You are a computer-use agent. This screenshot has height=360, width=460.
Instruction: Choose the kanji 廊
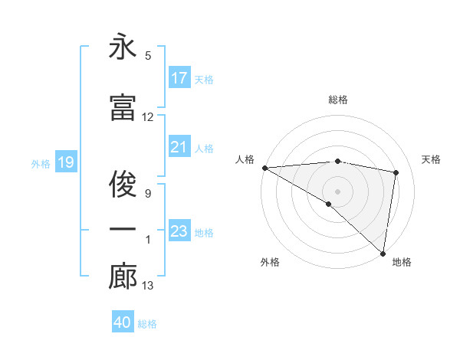tap(123, 277)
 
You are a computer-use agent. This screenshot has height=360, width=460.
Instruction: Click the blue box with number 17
tap(179, 77)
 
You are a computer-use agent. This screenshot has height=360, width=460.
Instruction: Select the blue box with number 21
tap(179, 147)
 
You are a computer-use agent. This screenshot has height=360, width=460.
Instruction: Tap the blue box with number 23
tap(179, 231)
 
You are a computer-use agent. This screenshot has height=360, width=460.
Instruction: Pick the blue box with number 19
tap(65, 162)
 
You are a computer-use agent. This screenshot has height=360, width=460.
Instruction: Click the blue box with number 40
tap(123, 322)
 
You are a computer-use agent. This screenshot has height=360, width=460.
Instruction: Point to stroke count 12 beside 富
tap(148, 117)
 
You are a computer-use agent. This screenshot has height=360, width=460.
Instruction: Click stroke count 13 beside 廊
tap(148, 286)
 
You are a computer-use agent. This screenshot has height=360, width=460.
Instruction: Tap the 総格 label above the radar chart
tap(338, 100)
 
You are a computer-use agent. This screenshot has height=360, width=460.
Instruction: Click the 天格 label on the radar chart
tap(431, 159)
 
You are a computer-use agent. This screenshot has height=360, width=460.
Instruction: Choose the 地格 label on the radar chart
tap(402, 263)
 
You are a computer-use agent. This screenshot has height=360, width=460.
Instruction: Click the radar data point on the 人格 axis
tap(264, 168)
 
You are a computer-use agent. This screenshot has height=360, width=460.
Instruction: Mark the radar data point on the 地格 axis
tap(383, 253)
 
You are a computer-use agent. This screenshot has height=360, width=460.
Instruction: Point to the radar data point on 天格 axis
tap(396, 172)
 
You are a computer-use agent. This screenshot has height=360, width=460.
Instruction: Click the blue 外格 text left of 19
tap(41, 163)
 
